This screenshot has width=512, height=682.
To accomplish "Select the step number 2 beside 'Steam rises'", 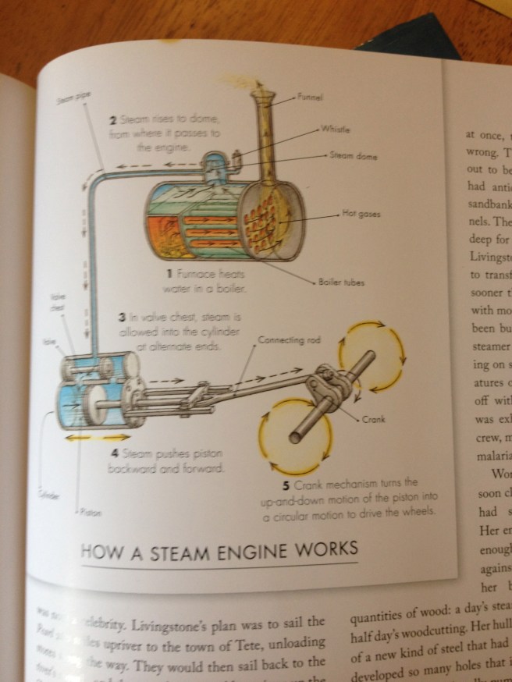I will coord(113,119).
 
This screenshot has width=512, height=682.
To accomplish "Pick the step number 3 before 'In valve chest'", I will coord(123,318).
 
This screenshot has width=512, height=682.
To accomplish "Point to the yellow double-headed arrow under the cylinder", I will coord(87,437).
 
